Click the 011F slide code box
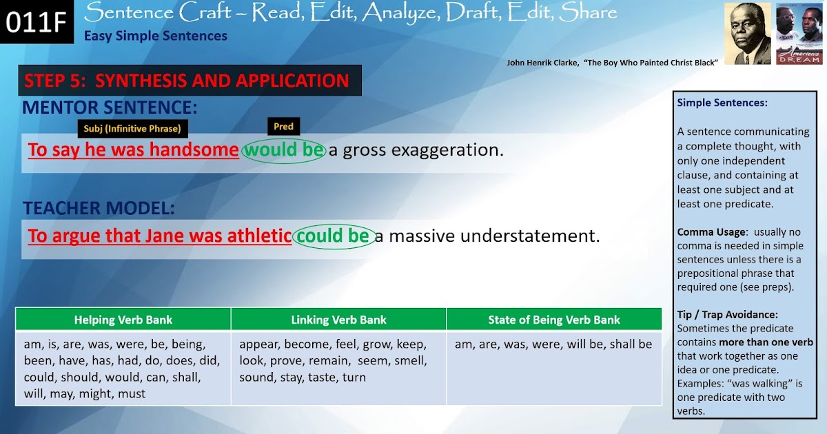click(x=36, y=22)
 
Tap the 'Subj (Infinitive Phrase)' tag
click(x=132, y=128)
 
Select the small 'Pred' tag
click(x=283, y=126)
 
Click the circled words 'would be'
click(x=283, y=149)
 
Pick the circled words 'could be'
click(x=334, y=236)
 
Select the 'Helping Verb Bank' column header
click(x=123, y=320)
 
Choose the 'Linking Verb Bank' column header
click(x=338, y=320)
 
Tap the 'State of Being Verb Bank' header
click(x=554, y=320)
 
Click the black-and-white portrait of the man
click(x=747, y=33)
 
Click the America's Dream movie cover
click(x=799, y=33)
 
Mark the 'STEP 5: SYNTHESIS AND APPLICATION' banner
click(x=187, y=81)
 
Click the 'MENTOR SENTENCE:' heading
click(x=110, y=107)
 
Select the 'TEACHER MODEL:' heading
click(x=99, y=208)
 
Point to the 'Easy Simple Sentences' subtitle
click(x=156, y=36)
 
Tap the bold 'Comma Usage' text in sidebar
click(x=711, y=232)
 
